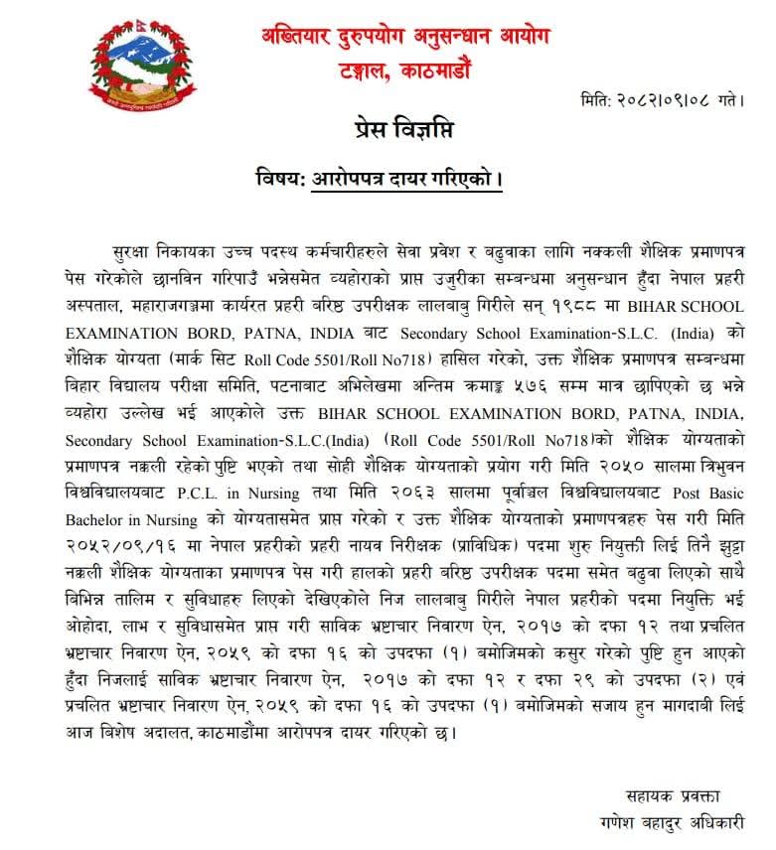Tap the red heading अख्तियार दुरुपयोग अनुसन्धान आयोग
pos(399,38)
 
